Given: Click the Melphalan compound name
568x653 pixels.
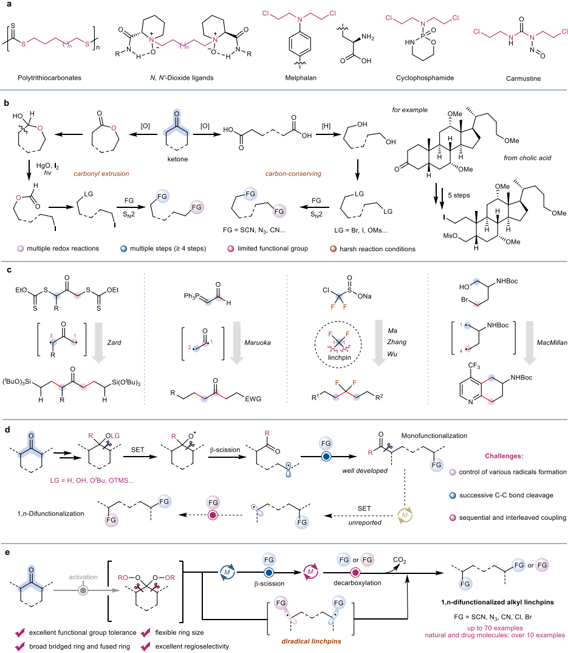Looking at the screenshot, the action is coord(301,78).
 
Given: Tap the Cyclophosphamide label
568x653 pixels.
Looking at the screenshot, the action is coord(425,78).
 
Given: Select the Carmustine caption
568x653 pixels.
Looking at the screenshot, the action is coord(524,78).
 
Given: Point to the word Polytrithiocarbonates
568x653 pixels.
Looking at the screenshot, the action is coord(50,78).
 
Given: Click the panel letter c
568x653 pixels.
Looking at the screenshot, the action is coord(9,270).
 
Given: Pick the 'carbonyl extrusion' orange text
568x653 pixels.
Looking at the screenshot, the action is coord(101,174).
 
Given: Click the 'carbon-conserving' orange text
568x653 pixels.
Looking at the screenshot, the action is coord(293,174).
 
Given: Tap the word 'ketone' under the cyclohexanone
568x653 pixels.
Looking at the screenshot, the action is coord(177,159).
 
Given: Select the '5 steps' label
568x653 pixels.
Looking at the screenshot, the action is coord(459,195).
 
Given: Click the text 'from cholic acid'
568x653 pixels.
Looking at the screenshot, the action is coord(527,158).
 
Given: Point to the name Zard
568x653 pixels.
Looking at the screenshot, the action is coord(114,343).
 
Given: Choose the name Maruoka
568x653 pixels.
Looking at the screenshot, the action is coord(258,343).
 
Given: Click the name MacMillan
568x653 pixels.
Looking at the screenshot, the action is coord(552,343).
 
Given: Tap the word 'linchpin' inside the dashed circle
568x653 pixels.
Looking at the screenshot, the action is coord(340,358).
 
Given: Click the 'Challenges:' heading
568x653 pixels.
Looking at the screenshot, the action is coord(504,456).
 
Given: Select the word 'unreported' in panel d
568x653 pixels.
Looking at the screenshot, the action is coord(365,523).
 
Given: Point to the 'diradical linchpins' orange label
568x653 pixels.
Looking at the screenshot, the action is coord(311,641).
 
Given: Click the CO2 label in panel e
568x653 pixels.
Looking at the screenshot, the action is coord(400,561).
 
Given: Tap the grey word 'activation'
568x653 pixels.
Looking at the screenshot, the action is coord(83,577).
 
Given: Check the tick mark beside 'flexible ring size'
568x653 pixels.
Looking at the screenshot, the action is coord(146,632).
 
